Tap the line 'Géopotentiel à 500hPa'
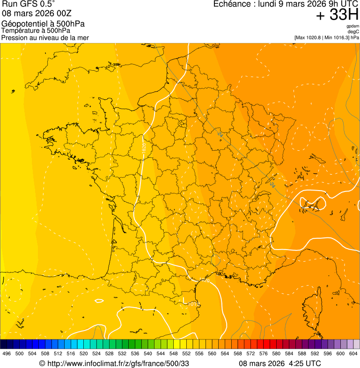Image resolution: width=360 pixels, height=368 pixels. tap(43, 24)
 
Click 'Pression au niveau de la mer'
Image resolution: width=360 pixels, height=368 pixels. tap(45, 37)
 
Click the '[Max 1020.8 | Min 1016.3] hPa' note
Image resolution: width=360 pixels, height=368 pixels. tap(326, 37)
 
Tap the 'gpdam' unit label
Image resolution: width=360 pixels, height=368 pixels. tap(353, 27)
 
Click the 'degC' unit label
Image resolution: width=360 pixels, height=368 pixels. tap(353, 32)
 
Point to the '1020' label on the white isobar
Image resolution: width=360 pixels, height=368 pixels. tap(144, 146)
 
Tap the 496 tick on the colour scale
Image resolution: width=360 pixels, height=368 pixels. tap(7, 353)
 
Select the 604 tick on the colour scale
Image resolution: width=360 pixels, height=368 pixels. tap(353, 353)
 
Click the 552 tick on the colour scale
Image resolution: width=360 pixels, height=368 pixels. tap(186, 353)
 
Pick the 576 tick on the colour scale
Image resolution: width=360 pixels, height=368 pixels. tap(264, 353)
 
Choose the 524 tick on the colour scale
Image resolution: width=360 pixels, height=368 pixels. tap(96, 353)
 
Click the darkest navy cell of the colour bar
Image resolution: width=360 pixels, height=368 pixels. tap(4, 344)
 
